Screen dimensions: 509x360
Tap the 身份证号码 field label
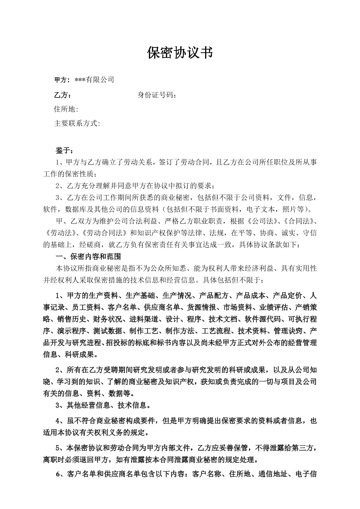click(157, 95)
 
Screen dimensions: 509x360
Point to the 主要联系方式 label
click(77, 123)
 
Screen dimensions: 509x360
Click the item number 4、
click(61, 421)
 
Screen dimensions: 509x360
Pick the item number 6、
click(61, 474)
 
